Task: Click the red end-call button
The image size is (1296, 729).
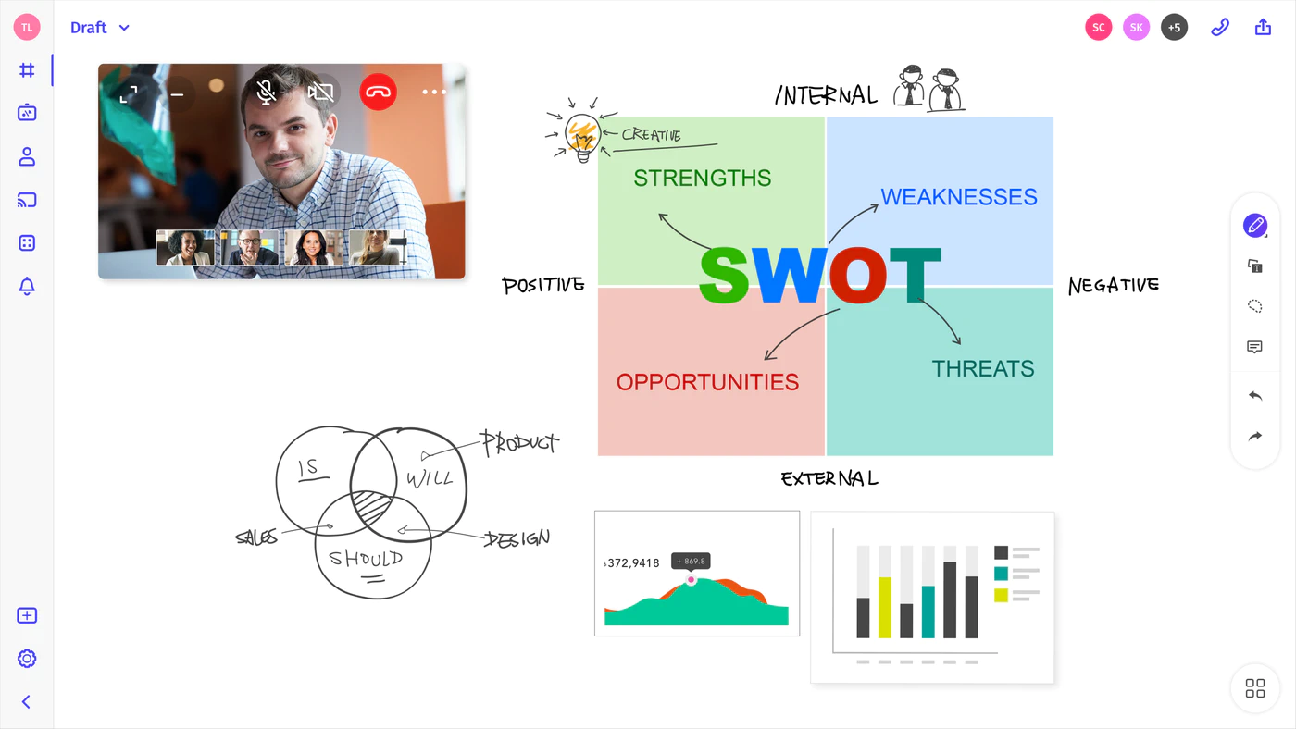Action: (x=378, y=92)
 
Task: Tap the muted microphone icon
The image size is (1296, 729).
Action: (x=267, y=92)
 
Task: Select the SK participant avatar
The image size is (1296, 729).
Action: (x=1137, y=27)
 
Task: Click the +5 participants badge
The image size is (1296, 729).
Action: (x=1174, y=27)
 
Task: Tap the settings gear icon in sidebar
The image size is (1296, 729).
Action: (x=27, y=659)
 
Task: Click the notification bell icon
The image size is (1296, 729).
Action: (x=27, y=286)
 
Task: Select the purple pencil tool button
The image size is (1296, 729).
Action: (x=1255, y=226)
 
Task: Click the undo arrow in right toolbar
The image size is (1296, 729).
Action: (x=1255, y=396)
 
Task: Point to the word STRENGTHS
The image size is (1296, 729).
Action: (x=703, y=178)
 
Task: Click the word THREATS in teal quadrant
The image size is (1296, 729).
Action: (x=983, y=369)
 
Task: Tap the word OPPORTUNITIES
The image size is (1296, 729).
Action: (x=707, y=382)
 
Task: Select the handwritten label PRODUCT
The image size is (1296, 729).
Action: (x=519, y=443)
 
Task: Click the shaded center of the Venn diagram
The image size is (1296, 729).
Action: (x=371, y=505)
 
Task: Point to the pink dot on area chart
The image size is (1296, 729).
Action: (x=691, y=580)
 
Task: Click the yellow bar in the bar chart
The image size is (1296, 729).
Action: (x=885, y=608)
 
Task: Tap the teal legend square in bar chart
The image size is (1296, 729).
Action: (x=1001, y=574)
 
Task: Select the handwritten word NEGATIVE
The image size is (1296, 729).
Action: (x=1113, y=285)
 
